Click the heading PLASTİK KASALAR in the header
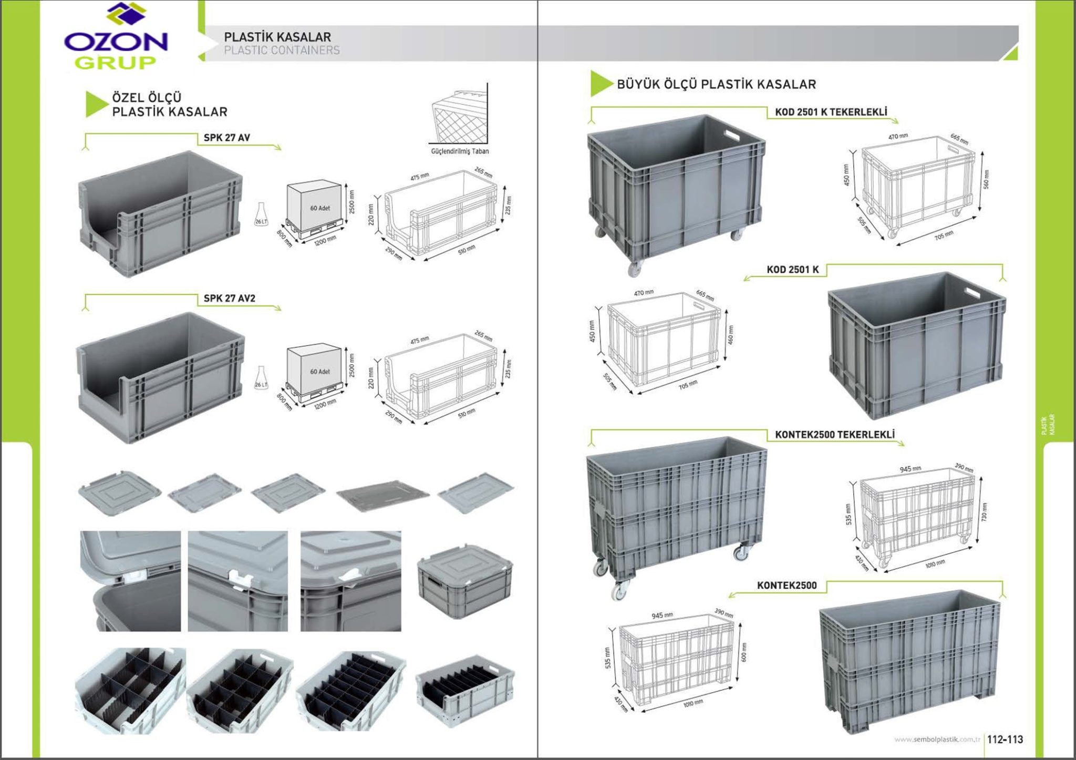[277, 37]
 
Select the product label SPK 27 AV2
[229, 299]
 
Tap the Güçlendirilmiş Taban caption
[460, 151]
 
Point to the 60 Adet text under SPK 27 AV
[320, 208]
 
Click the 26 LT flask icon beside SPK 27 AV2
[261, 377]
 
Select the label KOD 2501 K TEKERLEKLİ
[831, 112]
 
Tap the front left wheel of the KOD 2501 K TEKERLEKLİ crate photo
[634, 268]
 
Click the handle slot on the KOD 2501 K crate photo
[971, 293]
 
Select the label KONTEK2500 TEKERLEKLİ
[834, 435]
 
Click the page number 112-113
[1005, 740]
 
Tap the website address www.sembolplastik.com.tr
[937, 740]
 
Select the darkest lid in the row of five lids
[382, 494]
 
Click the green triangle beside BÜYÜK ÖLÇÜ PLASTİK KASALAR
[600, 84]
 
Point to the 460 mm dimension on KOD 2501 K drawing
[730, 335]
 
